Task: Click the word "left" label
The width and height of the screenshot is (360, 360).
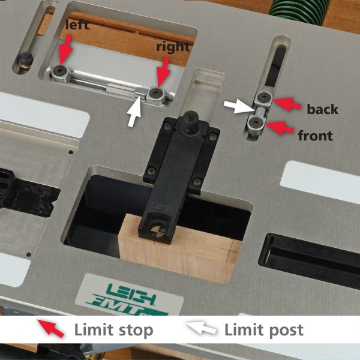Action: tap(77, 25)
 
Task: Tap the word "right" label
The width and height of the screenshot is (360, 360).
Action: tap(173, 47)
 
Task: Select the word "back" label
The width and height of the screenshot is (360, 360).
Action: tap(322, 109)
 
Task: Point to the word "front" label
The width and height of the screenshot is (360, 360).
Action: tap(315, 136)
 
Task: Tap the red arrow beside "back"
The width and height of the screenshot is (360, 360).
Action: tap(287, 103)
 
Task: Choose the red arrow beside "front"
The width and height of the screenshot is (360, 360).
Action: tap(280, 127)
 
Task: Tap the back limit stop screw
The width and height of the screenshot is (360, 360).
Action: tap(263, 98)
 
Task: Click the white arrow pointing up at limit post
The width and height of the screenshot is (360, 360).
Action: tap(135, 112)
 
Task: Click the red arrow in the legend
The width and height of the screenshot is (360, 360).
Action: tap(51, 328)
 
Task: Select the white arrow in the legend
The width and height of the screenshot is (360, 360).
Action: tap(201, 328)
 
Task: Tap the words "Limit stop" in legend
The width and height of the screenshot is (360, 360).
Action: tap(113, 330)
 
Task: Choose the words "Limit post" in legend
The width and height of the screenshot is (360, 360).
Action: tap(264, 330)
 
